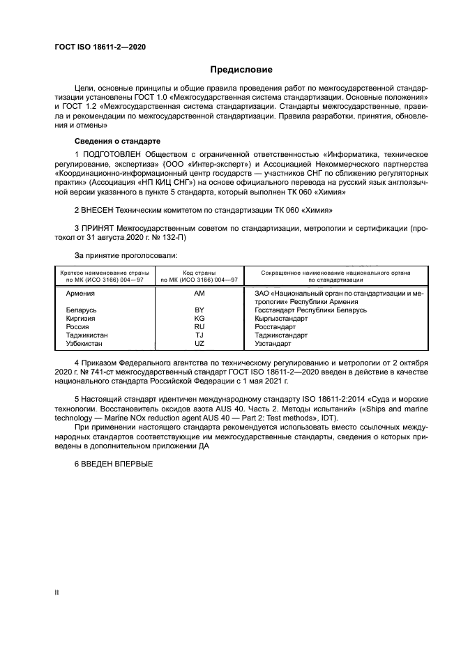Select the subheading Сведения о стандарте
(117, 141)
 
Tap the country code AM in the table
(199, 294)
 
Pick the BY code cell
(199, 310)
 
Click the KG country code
(199, 318)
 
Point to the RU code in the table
(199, 326)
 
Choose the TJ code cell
(199, 335)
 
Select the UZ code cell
(199, 344)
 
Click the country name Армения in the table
(80, 294)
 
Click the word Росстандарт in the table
(275, 326)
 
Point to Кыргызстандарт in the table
(281, 318)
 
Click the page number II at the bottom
(57, 591)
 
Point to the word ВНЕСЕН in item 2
(99, 209)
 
